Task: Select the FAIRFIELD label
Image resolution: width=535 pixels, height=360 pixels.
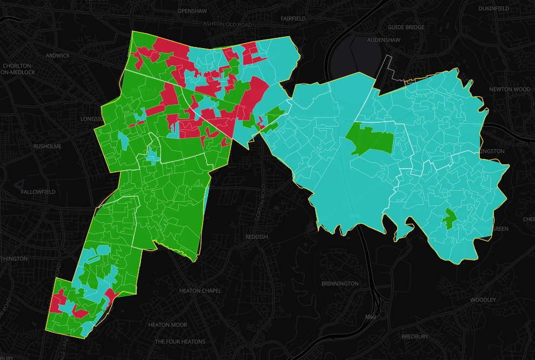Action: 293,18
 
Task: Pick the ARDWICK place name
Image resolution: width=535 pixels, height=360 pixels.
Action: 58,56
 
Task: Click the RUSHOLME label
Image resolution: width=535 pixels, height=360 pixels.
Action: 48,146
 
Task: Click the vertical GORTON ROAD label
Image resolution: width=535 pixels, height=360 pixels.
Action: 264,202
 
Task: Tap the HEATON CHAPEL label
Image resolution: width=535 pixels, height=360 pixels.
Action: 200,291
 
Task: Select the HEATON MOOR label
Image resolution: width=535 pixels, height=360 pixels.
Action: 168,325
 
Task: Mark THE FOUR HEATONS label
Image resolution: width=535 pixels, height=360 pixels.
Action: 180,342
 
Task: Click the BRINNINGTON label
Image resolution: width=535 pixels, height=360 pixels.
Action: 340,284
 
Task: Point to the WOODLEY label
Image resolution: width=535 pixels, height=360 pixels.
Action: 483,300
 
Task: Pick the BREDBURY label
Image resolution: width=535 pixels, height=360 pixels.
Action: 415,336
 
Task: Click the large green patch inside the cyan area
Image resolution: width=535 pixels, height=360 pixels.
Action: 373,138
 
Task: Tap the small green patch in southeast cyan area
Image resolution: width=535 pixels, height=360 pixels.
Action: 449,218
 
